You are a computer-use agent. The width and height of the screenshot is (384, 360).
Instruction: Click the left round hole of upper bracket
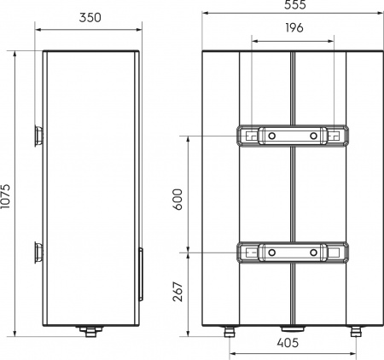pyautogui.click(x=270, y=136)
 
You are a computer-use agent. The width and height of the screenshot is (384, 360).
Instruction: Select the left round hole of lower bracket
pyautogui.click(x=270, y=253)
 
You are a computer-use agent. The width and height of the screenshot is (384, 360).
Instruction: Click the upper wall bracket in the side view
pyautogui.click(x=38, y=136)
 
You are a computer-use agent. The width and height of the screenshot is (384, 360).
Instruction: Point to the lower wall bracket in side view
pyautogui.click(x=38, y=253)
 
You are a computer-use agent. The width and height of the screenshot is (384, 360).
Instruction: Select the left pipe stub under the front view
pyautogui.click(x=230, y=330)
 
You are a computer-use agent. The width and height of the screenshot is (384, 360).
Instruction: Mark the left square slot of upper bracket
pyautogui.click(x=248, y=136)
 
